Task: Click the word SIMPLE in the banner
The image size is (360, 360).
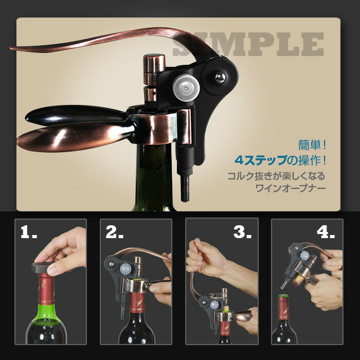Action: (x=248, y=44)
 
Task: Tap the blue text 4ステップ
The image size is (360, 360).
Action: (x=261, y=160)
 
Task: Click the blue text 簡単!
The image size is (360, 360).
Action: (x=312, y=145)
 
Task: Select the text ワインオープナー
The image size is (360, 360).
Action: (x=291, y=189)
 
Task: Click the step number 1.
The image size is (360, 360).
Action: (x=28, y=231)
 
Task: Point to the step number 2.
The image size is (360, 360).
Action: (x=114, y=231)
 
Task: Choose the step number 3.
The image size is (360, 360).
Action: (x=242, y=231)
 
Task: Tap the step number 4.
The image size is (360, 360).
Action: (x=326, y=231)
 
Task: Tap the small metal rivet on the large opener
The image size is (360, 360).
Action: (x=221, y=77)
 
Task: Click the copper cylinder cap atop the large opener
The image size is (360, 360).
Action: (x=154, y=63)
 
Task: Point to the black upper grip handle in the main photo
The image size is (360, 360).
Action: (x=76, y=115)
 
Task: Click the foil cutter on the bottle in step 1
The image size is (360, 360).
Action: (x=43, y=267)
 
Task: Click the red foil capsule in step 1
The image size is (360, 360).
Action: (x=46, y=289)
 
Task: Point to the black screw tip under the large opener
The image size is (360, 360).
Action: (x=185, y=189)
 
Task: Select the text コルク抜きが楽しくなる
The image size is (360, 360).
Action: (x=277, y=176)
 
